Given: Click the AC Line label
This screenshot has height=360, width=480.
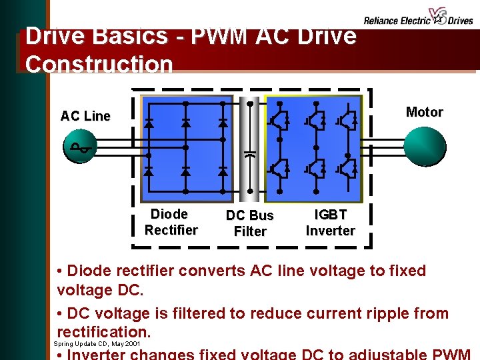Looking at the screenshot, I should tap(85, 116).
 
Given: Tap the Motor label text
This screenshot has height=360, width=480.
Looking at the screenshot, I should tap(424, 112).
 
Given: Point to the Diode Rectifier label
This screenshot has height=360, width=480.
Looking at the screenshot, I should tap(171, 222).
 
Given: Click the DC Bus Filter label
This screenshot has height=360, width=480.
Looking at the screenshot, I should tap(249, 223).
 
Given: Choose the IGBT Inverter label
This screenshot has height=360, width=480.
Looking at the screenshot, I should tap(330, 222).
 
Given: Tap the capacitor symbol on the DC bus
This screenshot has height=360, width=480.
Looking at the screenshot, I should tap(249, 154).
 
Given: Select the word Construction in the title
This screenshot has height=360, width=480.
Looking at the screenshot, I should tap(99, 65).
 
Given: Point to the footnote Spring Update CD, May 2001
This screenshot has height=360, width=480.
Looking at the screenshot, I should tap(97, 344).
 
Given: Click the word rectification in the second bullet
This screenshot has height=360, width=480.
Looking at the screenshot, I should tap(103, 331).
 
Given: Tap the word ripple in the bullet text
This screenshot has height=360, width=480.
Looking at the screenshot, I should tap(360, 313).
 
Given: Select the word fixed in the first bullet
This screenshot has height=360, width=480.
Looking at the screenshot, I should tap(402, 271).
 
